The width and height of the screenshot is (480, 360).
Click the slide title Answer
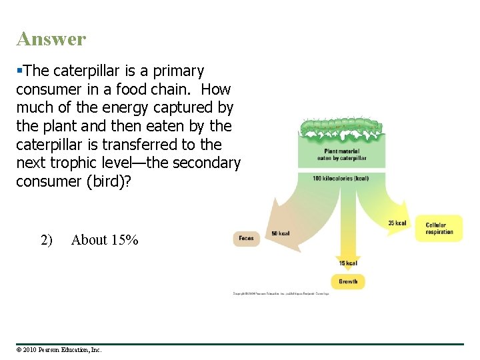pyautogui.click(x=51, y=39)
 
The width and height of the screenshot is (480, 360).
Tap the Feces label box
pyautogui.click(x=246, y=238)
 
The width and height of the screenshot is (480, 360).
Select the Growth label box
pyautogui.click(x=348, y=281)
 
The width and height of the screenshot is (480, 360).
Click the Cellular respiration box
pyautogui.click(x=439, y=229)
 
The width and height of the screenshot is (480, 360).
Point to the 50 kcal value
pyautogui.click(x=280, y=233)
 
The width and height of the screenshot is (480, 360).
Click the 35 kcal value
pyautogui.click(x=397, y=223)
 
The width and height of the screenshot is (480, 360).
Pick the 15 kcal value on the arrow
pyautogui.click(x=348, y=263)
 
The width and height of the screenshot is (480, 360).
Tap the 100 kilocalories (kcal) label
pyautogui.click(x=340, y=179)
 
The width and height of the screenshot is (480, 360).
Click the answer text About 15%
pyautogui.click(x=105, y=240)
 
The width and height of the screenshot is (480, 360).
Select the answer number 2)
pyautogui.click(x=46, y=240)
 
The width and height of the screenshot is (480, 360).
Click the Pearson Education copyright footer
pyautogui.click(x=59, y=349)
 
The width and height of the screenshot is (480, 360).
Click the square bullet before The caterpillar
pyautogui.click(x=19, y=70)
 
